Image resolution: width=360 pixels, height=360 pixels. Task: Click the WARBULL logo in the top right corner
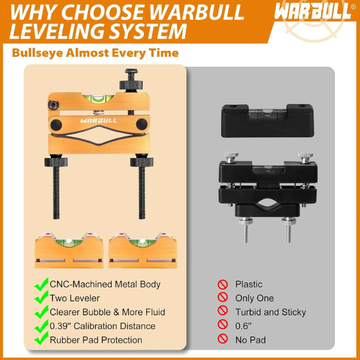click(x=312, y=12)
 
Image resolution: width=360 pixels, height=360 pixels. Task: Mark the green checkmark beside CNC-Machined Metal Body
click(x=41, y=284)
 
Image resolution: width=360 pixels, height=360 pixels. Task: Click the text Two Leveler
click(x=75, y=298)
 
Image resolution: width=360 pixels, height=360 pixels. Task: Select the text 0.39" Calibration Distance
click(x=102, y=326)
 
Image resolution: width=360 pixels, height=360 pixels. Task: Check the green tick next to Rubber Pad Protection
click(x=41, y=340)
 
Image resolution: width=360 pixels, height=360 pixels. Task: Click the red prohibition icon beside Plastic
click(x=223, y=284)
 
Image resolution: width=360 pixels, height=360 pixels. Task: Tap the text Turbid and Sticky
click(x=271, y=312)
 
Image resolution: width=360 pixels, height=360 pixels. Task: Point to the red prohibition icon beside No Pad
click(x=223, y=339)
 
